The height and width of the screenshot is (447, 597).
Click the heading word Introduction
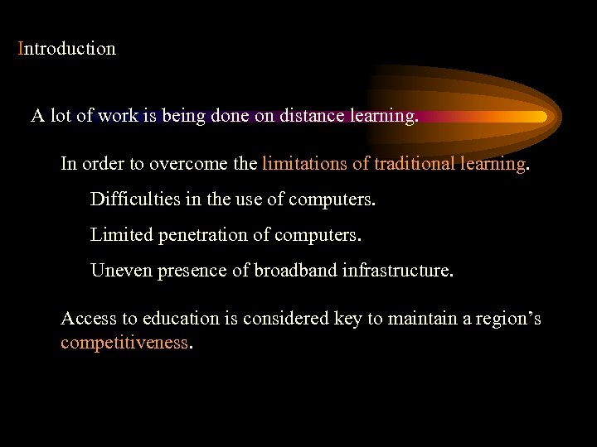pyautogui.click(x=67, y=49)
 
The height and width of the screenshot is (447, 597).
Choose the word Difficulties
pyautogui.click(x=132, y=199)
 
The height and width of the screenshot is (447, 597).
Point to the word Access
pyautogui.click(x=87, y=319)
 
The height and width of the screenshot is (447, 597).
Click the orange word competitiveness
pyautogui.click(x=124, y=343)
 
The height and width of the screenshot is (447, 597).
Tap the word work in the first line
pyautogui.click(x=117, y=117)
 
